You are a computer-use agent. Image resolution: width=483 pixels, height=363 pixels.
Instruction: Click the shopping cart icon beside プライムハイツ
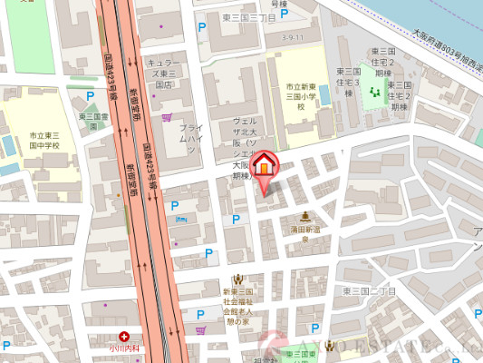pyautogui.click(x=167, y=117)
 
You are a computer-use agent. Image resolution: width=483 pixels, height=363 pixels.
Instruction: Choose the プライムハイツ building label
pyautogui.click(x=189, y=138)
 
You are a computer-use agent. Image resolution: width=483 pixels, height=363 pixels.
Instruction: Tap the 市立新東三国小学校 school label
pyautogui.click(x=301, y=96)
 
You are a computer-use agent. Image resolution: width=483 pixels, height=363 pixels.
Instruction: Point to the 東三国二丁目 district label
pyautogui.click(x=370, y=291)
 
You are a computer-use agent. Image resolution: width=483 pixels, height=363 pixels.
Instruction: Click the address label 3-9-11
pyautogui.click(x=293, y=37)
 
